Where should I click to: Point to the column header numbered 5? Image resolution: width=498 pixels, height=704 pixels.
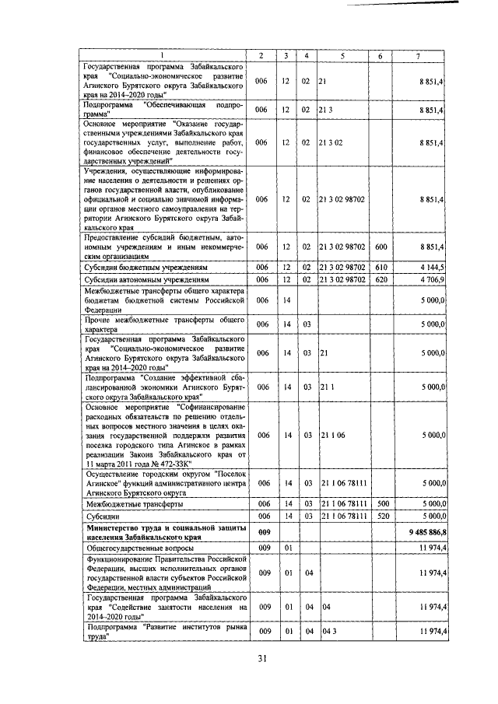pyautogui.click(x=342, y=56)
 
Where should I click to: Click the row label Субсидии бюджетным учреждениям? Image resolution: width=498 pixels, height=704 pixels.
pyautogui.click(x=139, y=266)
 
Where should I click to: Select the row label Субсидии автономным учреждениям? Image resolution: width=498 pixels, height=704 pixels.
pyautogui.click(x=141, y=277)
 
